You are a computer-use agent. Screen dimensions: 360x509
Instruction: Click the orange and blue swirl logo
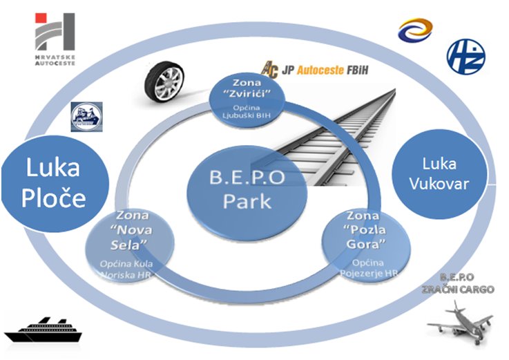(x=414, y=30)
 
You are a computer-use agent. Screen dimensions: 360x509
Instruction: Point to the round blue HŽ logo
(x=465, y=56)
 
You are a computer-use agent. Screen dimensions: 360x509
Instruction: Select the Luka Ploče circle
(x=55, y=183)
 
